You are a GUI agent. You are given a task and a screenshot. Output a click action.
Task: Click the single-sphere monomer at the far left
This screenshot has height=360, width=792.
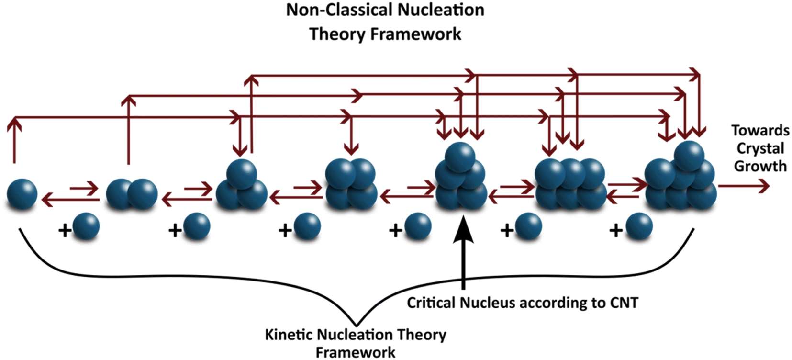pos(22,194)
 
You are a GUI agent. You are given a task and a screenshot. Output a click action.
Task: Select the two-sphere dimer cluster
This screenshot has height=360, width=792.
pos(132,194)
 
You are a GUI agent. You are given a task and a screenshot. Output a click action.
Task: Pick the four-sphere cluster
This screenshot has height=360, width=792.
pos(351,185)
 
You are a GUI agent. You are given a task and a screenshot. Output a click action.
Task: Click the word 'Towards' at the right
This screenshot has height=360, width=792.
pos(760,130)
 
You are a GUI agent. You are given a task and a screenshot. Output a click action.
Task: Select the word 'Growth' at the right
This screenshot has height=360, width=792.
pos(760,166)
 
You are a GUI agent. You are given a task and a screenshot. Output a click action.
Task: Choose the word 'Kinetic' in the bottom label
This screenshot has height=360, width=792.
pos(289,334)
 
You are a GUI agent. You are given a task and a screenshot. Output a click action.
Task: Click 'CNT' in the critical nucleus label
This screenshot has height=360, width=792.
pos(624,303)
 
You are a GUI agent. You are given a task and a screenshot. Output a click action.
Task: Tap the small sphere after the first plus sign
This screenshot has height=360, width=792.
pos(86,226)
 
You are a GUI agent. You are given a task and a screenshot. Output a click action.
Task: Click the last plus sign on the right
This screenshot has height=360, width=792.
pos(616,231)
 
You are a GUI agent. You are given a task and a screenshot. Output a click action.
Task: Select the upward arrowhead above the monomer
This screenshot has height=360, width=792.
pos(14,124)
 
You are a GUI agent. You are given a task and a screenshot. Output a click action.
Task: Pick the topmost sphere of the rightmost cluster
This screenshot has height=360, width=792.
pos(689,156)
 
